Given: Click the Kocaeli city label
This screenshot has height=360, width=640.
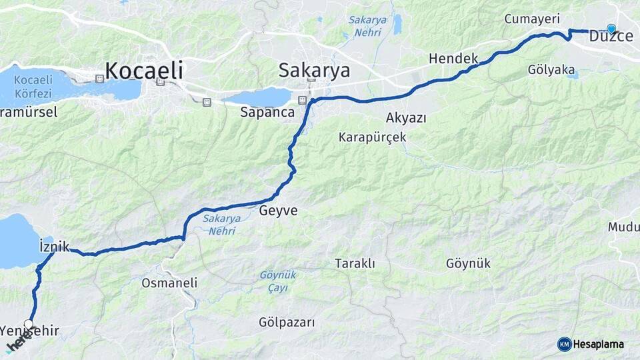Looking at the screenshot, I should coord(144,69).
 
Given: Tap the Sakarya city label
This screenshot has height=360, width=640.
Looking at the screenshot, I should coord(314,69).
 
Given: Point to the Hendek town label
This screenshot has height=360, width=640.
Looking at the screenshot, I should coord(453,59).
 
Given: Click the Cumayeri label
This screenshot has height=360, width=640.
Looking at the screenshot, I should coord(531,19).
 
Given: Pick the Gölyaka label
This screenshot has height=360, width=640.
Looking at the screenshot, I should coord(551,69).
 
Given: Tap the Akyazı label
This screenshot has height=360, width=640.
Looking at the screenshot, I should coord(406,118).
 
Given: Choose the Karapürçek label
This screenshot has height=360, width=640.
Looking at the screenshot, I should coord(372,137).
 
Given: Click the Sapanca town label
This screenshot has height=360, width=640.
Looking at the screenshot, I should coord(267,112).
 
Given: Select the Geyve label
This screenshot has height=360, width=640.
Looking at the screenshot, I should coord(278,211).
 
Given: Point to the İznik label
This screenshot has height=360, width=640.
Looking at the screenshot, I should coord(55,247).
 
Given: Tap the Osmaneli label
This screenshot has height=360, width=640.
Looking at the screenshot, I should coord(169,283).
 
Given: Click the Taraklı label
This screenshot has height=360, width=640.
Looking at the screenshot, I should coord(355,263).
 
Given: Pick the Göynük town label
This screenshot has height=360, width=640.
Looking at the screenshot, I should coord(468,263).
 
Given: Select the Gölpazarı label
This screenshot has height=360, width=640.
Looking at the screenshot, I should coord(287,322).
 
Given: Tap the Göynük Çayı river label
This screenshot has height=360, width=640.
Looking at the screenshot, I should coord(279,281).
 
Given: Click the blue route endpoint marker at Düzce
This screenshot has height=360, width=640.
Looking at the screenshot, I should coord(611,29).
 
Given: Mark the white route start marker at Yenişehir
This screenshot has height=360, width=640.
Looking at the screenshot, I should coord(28,324).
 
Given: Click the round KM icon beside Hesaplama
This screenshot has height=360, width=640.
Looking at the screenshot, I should coord(565,344).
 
